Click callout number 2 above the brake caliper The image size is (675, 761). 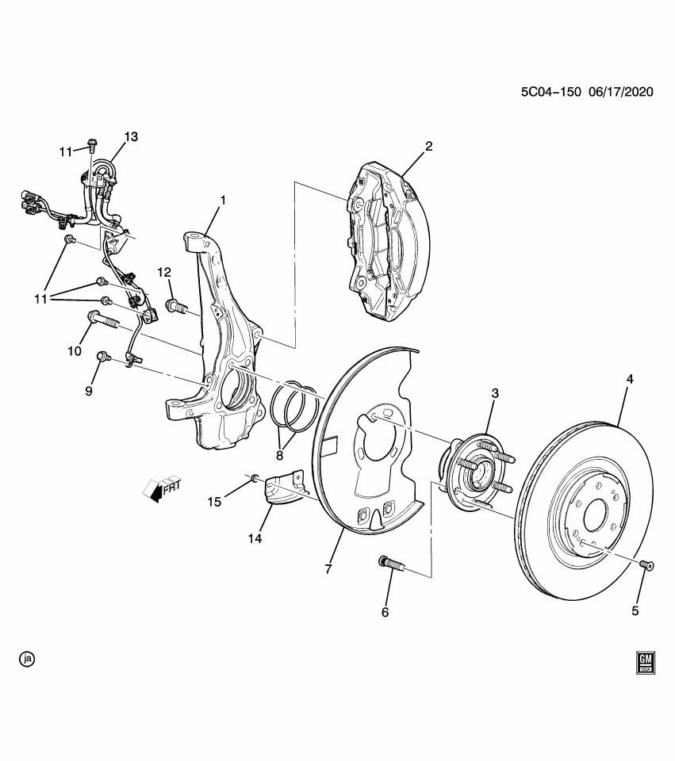428,146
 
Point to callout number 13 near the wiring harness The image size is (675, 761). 130,136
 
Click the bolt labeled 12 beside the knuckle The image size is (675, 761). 175,304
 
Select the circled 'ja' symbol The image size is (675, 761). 28,659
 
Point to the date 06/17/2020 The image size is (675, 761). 620,92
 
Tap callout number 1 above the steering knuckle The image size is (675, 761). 223,201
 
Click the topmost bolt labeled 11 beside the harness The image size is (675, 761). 92,146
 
